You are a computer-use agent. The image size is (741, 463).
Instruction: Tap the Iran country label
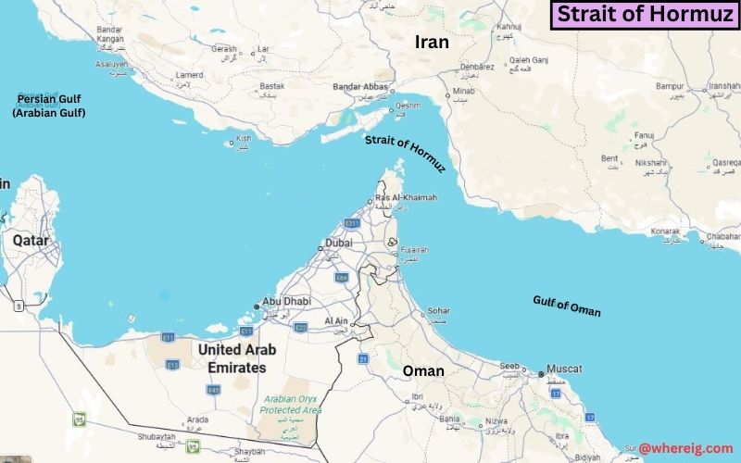click(431, 42)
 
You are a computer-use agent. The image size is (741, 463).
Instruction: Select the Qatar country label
click(30, 240)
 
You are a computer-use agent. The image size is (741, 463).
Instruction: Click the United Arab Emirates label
click(231, 358)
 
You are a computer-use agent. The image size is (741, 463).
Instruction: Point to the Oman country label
click(422, 371)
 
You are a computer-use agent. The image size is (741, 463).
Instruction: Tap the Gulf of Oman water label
click(566, 306)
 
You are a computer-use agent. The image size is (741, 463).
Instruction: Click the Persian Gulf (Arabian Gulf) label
click(48, 106)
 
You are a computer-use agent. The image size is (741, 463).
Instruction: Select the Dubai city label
click(338, 244)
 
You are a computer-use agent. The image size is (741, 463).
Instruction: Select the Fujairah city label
click(413, 250)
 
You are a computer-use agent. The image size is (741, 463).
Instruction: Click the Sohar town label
click(438, 310)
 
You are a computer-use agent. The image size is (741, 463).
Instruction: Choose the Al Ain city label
click(335, 321)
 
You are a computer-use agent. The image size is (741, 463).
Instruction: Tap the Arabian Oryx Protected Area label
click(290, 405)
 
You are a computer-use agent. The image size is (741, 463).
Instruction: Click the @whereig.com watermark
click(685, 448)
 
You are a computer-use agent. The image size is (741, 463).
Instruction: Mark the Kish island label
click(244, 138)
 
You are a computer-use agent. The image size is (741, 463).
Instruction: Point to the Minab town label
click(465, 93)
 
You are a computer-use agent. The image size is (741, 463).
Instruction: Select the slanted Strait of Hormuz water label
click(405, 152)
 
